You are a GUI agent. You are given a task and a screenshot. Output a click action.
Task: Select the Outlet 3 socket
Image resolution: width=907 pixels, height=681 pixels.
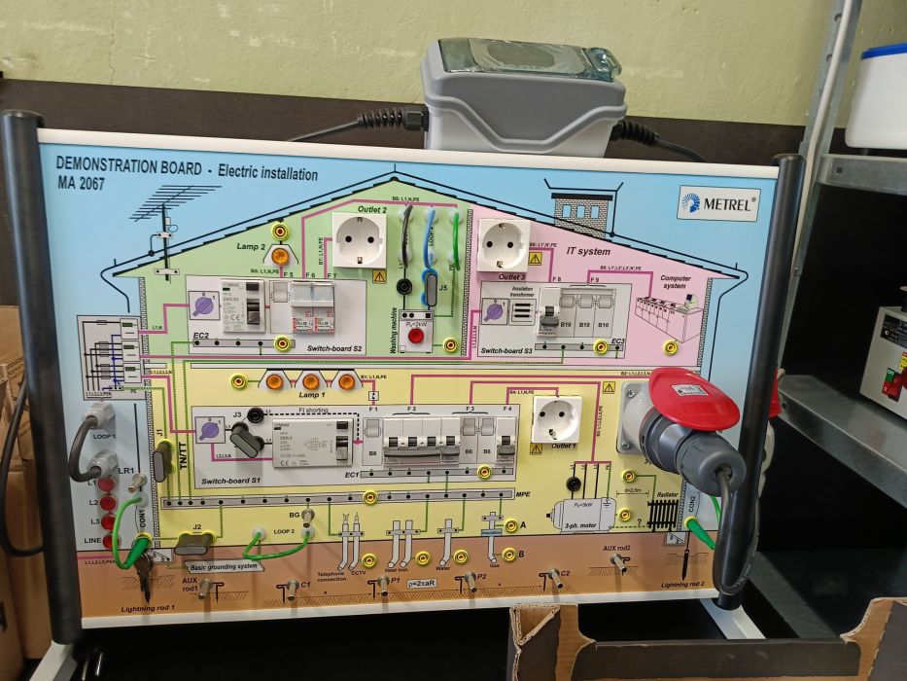click(504, 244)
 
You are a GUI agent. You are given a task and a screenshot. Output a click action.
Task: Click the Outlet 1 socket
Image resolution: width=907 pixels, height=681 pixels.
click(557, 418)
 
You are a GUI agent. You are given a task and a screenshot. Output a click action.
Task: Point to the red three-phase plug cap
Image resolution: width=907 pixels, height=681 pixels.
click(694, 398)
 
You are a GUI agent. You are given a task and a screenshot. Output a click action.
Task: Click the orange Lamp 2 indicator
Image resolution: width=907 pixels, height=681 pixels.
click(280, 256)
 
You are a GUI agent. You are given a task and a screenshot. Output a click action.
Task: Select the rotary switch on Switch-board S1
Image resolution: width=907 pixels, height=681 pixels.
click(209, 430)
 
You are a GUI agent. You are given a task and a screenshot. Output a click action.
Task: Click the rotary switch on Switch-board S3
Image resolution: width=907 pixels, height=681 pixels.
click(495, 312)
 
